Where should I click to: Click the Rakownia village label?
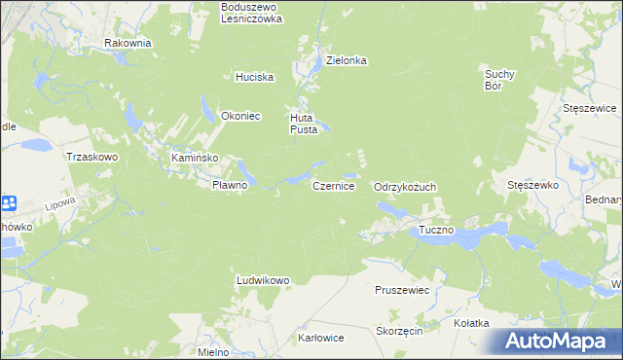[x=128, y=43]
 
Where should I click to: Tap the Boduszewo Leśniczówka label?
[x=251, y=13]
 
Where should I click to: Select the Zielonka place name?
[x=346, y=60]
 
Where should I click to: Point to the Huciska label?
[x=254, y=77]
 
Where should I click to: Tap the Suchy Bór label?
[x=498, y=79]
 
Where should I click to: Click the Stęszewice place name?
[x=590, y=108]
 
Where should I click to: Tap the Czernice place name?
[x=333, y=185]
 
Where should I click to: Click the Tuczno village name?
[x=437, y=231]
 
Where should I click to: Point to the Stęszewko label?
[x=531, y=185]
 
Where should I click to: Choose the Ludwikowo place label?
[x=263, y=280]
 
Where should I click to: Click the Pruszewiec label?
[x=402, y=290]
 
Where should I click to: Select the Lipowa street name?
[x=60, y=205]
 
